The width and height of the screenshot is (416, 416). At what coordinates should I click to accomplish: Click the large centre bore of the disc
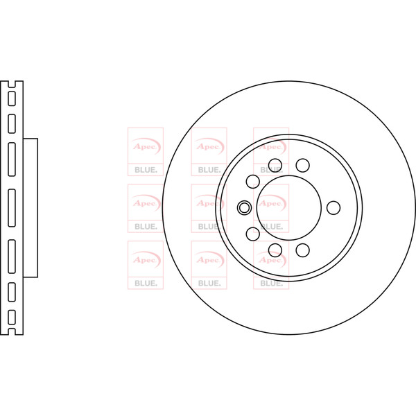(x=289, y=208)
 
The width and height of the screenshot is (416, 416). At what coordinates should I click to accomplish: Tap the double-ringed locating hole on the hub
(x=244, y=207)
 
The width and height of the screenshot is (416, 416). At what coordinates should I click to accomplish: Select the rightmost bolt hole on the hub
(x=333, y=208)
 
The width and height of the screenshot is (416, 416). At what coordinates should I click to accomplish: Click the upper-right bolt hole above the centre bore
(x=303, y=165)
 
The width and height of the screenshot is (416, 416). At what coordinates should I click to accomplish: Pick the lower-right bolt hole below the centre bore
(x=303, y=250)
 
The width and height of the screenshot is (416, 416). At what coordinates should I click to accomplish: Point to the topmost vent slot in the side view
(x=12, y=98)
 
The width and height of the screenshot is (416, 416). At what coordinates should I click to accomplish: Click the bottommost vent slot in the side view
(x=12, y=318)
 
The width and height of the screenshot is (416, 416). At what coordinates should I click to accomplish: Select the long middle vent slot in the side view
(x=12, y=208)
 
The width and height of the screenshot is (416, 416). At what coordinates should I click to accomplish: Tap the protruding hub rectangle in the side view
(x=31, y=208)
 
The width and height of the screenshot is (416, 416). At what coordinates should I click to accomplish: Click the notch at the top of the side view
(x=12, y=85)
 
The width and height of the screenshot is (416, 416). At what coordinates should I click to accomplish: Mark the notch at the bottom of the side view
(x=12, y=331)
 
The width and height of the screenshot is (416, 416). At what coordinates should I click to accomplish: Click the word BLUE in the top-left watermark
(x=145, y=170)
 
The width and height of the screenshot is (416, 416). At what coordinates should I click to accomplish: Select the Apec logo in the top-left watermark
(x=146, y=146)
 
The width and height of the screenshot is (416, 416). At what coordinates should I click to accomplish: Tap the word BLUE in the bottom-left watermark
(x=145, y=284)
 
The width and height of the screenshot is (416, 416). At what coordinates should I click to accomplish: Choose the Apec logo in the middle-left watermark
(x=146, y=203)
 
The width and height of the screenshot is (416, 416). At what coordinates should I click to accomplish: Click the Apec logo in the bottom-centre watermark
(x=209, y=260)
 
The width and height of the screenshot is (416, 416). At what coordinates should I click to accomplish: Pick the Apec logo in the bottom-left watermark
(x=146, y=260)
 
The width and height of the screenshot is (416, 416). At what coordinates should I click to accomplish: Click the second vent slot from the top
(x=12, y=124)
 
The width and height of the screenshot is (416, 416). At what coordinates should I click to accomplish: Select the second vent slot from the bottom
(x=12, y=292)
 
